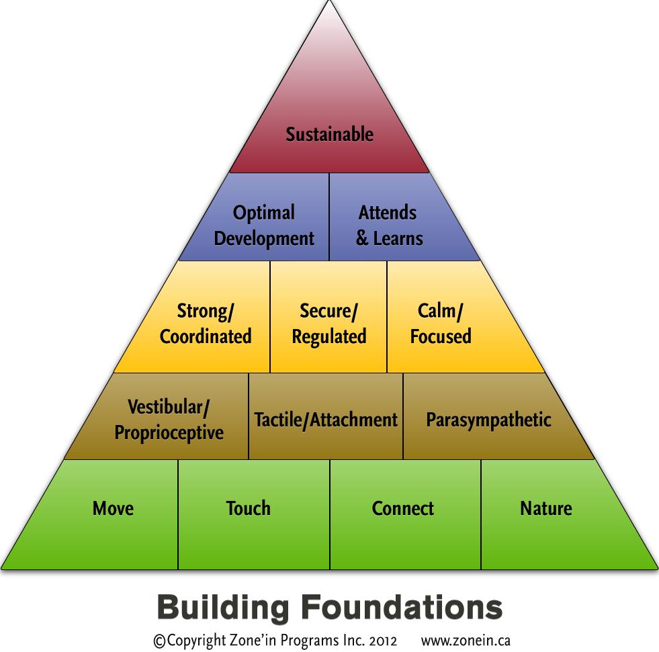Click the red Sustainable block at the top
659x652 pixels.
(329, 134)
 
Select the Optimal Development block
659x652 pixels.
(263, 225)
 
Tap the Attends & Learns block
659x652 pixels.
(389, 225)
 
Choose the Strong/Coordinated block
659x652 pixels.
(205, 323)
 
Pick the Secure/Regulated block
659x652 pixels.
(328, 323)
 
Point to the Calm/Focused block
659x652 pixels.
(441, 323)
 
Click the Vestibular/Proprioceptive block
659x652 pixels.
(169, 419)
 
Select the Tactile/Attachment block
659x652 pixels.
(326, 420)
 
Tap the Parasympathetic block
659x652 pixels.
(488, 420)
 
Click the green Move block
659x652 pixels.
(113, 508)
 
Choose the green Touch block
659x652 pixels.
(249, 508)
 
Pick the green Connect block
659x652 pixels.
(403, 508)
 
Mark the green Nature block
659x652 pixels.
(545, 508)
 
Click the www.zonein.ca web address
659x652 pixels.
(466, 641)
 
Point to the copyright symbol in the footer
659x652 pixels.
(159, 641)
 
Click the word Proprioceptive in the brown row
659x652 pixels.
(169, 432)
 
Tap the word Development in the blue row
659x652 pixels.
(263, 238)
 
